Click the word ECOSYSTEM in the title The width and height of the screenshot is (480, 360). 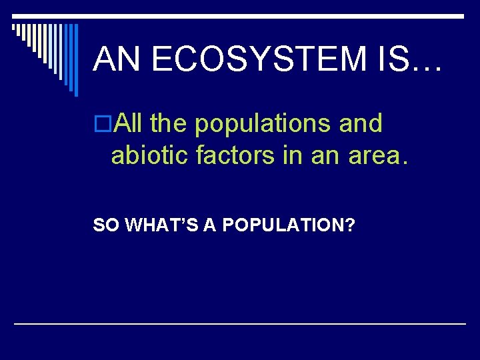[x=258, y=59]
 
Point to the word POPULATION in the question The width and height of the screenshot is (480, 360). [x=281, y=226]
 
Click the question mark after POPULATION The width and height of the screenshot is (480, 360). [x=350, y=226]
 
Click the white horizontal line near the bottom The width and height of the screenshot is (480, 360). [x=240, y=323]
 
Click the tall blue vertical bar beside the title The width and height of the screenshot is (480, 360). [x=75, y=60]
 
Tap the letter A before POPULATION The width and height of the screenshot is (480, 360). [x=209, y=226]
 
